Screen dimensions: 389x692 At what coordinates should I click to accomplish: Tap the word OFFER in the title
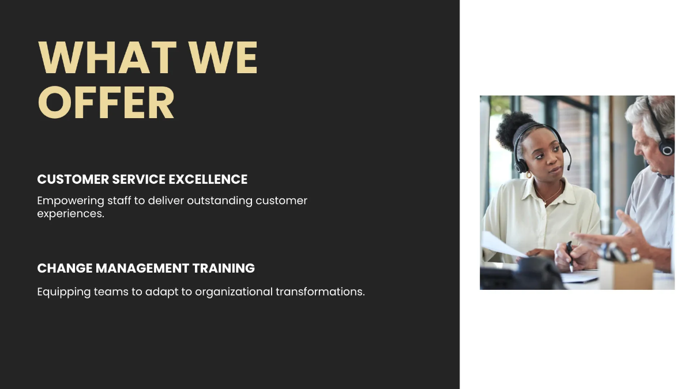pos(106,103)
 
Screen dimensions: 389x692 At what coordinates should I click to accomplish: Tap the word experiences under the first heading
pos(70,213)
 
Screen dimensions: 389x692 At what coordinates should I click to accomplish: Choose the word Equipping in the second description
pos(64,292)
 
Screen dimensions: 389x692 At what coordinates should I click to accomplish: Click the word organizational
pos(234,292)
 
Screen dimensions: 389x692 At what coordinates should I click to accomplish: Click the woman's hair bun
pos(507,130)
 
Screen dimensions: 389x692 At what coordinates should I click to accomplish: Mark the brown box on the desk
pos(626,273)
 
